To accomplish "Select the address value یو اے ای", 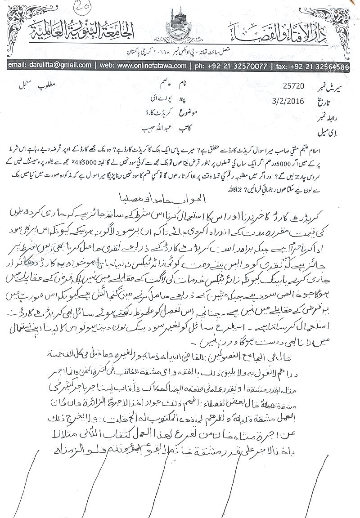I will (152, 98).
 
